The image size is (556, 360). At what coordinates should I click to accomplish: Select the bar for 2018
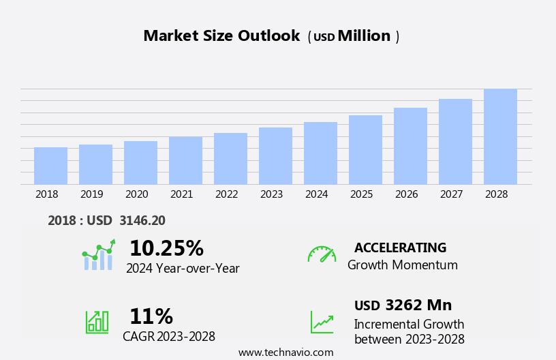pyautogui.click(x=50, y=166)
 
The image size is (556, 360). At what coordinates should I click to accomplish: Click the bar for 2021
pyautogui.click(x=185, y=161)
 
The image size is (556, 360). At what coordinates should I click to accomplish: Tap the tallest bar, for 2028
pyautogui.click(x=500, y=136)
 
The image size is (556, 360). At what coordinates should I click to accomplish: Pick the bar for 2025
pyautogui.click(x=365, y=150)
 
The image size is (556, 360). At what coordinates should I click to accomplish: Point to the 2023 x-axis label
pyautogui.click(x=271, y=194)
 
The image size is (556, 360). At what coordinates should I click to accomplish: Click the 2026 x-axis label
pyautogui.click(x=406, y=194)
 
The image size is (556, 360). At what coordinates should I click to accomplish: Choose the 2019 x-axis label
pyautogui.click(x=91, y=194)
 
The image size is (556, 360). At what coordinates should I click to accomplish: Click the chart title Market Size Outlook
pyautogui.click(x=221, y=36)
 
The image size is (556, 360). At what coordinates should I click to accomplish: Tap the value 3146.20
pyautogui.click(x=142, y=220)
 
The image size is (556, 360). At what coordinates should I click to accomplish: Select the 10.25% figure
pyautogui.click(x=166, y=248)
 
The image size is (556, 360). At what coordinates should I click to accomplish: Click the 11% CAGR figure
pyautogui.click(x=151, y=316)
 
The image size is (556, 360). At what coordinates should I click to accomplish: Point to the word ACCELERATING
pyautogui.click(x=400, y=247)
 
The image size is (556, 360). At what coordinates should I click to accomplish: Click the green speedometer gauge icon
pyautogui.click(x=322, y=254)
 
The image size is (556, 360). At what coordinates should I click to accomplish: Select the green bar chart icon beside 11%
pyautogui.click(x=97, y=321)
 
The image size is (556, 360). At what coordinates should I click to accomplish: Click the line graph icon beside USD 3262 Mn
pyautogui.click(x=322, y=321)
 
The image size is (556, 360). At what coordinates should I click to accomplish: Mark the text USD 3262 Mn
pyautogui.click(x=403, y=305)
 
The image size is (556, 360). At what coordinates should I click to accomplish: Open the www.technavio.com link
pyautogui.click(x=285, y=352)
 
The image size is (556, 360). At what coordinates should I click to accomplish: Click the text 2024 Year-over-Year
pyautogui.click(x=183, y=269)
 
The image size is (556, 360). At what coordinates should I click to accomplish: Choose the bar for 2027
pyautogui.click(x=455, y=142)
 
